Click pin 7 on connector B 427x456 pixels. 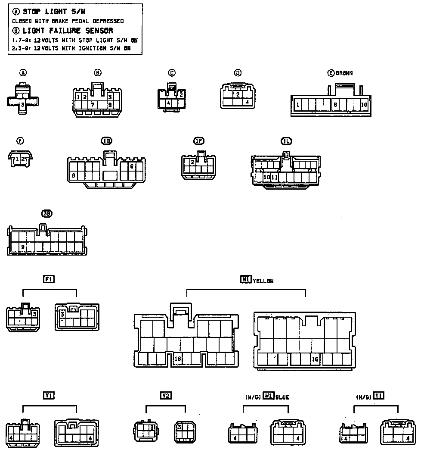pyautogui.click(x=92, y=105)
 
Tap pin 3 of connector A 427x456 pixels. pyautogui.click(x=23, y=104)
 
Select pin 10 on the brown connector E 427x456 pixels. pyautogui.click(x=364, y=105)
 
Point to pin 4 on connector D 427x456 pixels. pyautogui.click(x=247, y=102)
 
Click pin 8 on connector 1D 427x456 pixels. pyautogui.click(x=74, y=175)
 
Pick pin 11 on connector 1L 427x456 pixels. pyautogui.click(x=275, y=177)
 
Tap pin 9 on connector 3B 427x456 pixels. pyautogui.click(x=22, y=247)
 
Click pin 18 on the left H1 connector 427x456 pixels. pyautogui.click(x=177, y=358)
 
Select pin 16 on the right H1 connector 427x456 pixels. pyautogui.click(x=315, y=359)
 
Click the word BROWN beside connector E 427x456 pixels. pyautogui.click(x=344, y=73)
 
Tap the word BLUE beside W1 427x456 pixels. pyautogui.click(x=282, y=397)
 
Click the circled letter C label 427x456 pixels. pyautogui.click(x=172, y=73)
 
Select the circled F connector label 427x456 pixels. pyautogui.click(x=20, y=141)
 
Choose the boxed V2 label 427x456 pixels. pyautogui.click(x=166, y=395)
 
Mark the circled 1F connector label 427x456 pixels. pyautogui.click(x=198, y=141)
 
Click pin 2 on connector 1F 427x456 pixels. pyautogui.click(x=193, y=162)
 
